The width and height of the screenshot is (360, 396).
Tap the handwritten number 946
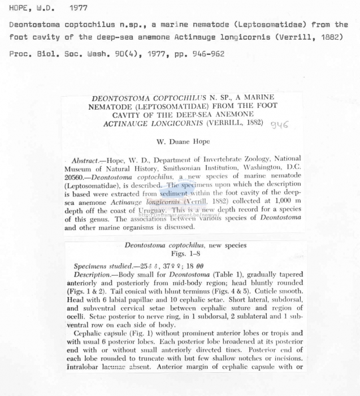(x=279, y=124)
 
